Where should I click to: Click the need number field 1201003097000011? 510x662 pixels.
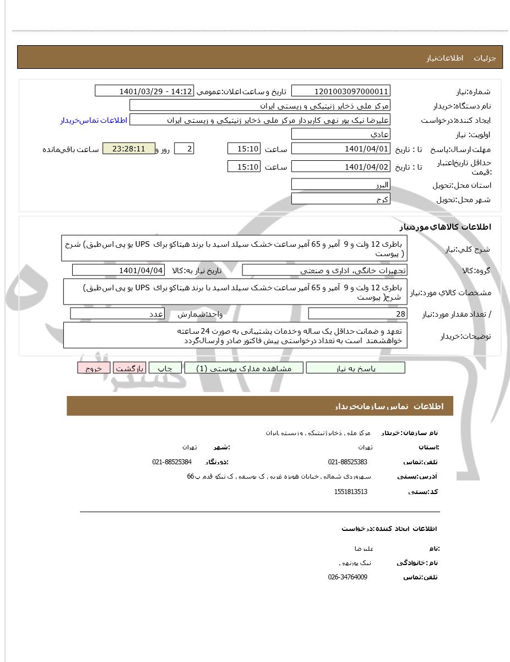pos(340,91)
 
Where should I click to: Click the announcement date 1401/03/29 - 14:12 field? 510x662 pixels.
pos(144,91)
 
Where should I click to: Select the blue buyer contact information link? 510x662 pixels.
pos(94,120)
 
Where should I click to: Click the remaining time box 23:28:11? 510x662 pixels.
pos(129,149)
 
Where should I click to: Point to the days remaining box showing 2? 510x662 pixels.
pos(184,149)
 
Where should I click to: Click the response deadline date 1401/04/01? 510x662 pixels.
pos(340,149)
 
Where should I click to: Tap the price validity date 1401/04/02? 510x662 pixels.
pos(340,166)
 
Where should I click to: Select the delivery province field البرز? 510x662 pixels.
pos(340,185)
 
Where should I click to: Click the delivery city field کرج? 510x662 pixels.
pos(340,199)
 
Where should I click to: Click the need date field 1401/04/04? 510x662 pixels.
pos(118,270)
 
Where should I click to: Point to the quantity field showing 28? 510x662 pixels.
pos(357,313)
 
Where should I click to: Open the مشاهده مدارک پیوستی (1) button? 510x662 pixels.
pos(244,368)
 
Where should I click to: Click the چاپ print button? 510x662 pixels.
pos(165,368)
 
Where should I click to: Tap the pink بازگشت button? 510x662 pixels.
pos(129,368)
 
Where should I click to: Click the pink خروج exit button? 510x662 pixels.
pos(94,368)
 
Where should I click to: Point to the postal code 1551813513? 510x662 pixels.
pos(350,491)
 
